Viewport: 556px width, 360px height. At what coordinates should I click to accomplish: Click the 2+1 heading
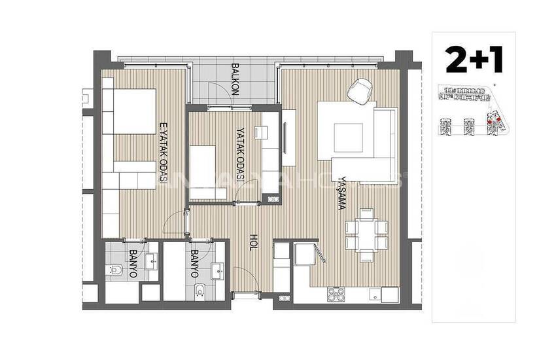pyautogui.click(x=474, y=60)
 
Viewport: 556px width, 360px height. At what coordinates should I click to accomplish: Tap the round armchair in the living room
pyautogui.click(x=358, y=91)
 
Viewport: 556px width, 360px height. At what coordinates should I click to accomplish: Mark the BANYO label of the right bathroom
pyautogui.click(x=194, y=264)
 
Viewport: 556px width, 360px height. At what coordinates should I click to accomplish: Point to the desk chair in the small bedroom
pyautogui.click(x=262, y=132)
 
